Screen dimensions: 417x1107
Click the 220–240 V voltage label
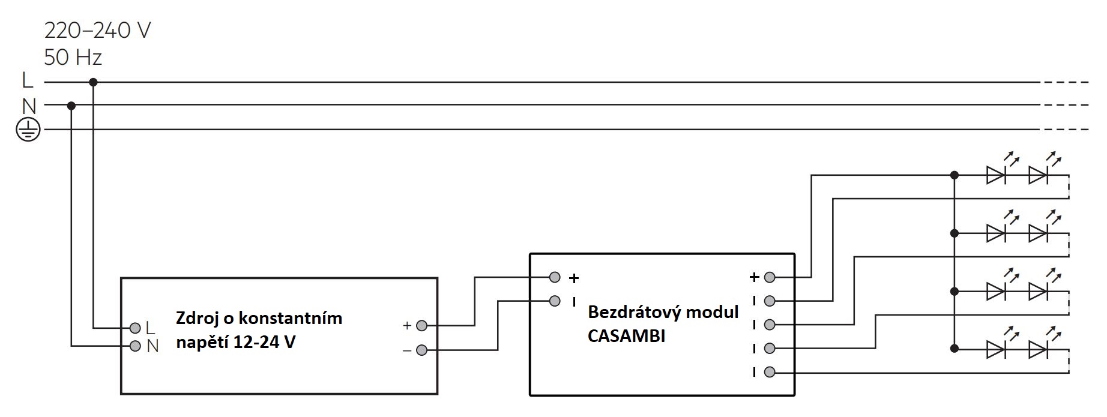click(x=97, y=30)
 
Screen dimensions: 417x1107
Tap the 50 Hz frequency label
click(x=73, y=58)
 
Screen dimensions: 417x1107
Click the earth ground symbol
click(x=28, y=130)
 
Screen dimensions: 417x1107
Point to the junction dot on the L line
click(x=93, y=82)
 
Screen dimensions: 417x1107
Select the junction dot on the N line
click(x=71, y=106)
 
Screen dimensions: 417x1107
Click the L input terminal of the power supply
click(x=135, y=328)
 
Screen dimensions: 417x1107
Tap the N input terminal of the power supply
click(x=135, y=346)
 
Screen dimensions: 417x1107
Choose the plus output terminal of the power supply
click(x=421, y=326)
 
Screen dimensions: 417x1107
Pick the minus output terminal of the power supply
click(x=421, y=350)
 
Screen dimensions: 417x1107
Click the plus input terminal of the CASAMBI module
click(x=555, y=277)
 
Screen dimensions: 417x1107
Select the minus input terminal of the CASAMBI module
click(x=555, y=301)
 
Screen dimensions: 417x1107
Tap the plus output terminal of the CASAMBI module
click(x=770, y=277)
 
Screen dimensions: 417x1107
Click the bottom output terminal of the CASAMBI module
click(x=770, y=373)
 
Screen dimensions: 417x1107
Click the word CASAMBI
click(x=626, y=336)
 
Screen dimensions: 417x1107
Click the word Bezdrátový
click(x=635, y=313)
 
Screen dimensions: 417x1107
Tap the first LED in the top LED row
click(x=996, y=175)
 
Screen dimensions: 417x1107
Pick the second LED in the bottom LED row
click(x=1037, y=349)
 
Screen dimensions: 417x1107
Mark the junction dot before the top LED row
click(x=954, y=175)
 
